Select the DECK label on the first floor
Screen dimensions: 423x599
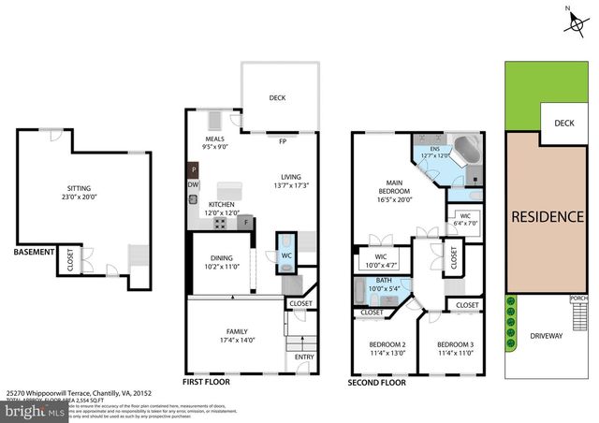pyautogui.click(x=277, y=98)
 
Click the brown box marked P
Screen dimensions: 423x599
pyautogui.click(x=193, y=169)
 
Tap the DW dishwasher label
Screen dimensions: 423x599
pyautogui.click(x=193, y=185)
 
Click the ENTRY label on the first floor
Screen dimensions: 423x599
pyautogui.click(x=305, y=357)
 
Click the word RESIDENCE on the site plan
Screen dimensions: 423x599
pyautogui.click(x=548, y=217)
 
